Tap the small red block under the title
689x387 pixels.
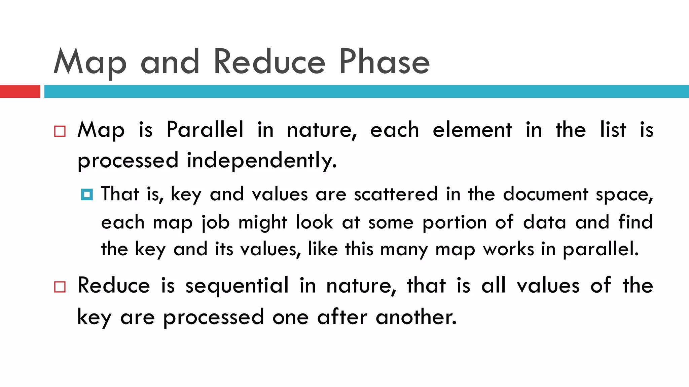20,91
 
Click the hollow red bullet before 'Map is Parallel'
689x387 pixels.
60,131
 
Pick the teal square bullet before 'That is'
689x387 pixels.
87,195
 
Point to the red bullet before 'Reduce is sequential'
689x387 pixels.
60,287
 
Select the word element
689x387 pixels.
472,130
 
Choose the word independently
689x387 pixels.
262,161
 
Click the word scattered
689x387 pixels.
396,194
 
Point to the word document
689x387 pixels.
546,194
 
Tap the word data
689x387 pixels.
544,222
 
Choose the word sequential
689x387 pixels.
237,286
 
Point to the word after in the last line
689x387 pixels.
342,317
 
